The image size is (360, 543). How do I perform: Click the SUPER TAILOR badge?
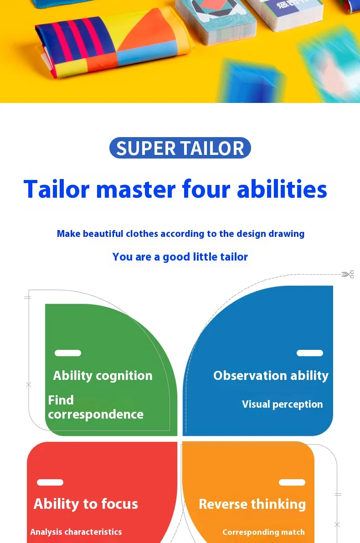180,148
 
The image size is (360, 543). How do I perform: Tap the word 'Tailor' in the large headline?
57,189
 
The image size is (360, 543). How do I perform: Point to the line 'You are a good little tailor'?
180,256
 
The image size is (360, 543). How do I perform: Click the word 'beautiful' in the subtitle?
103,234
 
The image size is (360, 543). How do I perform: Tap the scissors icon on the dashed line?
348,274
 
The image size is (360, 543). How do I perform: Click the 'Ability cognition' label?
103,376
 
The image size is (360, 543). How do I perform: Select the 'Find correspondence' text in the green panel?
96,407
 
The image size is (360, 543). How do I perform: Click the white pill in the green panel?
68,353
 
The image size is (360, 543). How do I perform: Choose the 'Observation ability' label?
271,376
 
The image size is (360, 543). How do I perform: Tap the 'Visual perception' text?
283,404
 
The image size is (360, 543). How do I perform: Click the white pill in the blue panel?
310,353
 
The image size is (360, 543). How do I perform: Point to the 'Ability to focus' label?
86,504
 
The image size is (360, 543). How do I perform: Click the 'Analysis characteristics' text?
76,532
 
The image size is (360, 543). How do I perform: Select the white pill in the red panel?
50,482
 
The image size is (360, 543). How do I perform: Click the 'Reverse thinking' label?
252,504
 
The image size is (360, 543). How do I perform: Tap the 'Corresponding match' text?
263,532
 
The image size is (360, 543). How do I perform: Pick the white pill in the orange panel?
292,482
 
